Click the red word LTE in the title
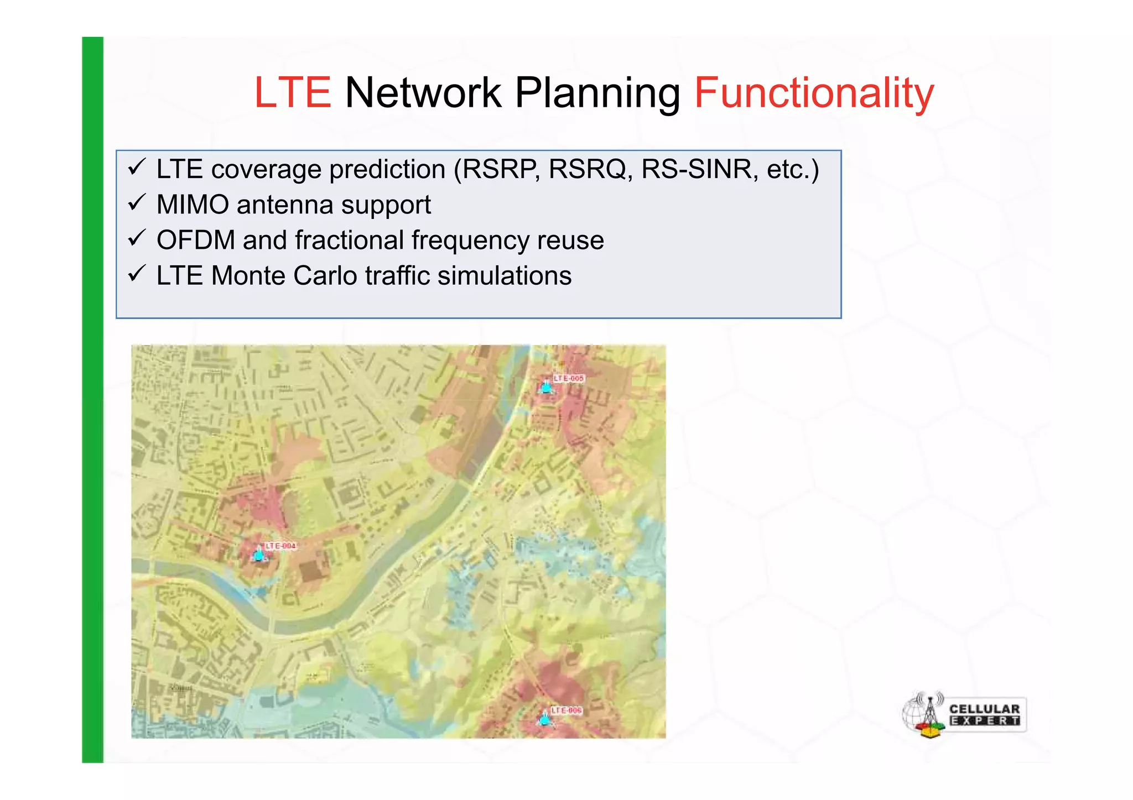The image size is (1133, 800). (x=292, y=93)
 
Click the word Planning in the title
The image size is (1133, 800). (x=597, y=93)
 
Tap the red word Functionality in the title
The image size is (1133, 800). (x=814, y=93)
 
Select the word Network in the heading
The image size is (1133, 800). (x=423, y=93)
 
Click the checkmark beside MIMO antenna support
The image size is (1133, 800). (x=137, y=203)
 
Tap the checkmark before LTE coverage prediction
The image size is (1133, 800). (x=137, y=167)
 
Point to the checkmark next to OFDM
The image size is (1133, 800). (x=137, y=238)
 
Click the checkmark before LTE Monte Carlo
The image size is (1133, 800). (x=137, y=274)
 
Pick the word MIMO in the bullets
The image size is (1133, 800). (x=193, y=205)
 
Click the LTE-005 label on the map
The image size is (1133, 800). (x=569, y=379)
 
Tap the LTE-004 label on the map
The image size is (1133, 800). (x=281, y=546)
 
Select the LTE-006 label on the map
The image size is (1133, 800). (x=566, y=710)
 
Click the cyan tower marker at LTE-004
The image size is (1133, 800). (x=259, y=554)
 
